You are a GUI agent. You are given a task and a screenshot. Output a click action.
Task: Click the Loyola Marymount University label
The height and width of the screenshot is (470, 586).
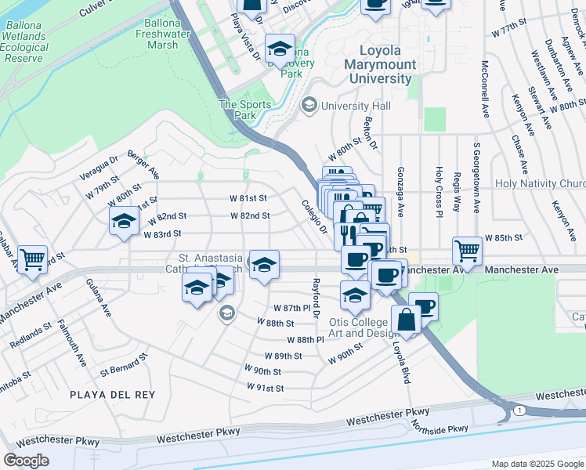[x=379, y=67]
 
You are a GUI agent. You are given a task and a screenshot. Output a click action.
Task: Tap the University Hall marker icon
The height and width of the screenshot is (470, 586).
[x=310, y=105]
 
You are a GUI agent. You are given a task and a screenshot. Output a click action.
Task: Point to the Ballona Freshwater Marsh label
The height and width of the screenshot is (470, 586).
[x=162, y=34]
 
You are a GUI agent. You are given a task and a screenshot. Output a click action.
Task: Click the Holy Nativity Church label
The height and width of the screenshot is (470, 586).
[x=540, y=183]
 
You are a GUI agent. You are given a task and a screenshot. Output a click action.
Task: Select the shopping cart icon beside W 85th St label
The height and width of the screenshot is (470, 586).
[x=467, y=251]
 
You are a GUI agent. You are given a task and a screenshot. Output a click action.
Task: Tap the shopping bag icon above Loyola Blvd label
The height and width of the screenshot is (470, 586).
[x=407, y=320]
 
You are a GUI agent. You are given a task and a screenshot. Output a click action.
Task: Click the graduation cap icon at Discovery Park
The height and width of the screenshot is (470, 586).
[x=280, y=49]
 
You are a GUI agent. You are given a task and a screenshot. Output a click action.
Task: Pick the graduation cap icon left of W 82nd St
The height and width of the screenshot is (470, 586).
[x=124, y=222]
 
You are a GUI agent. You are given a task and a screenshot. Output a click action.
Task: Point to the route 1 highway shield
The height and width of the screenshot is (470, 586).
[x=519, y=410]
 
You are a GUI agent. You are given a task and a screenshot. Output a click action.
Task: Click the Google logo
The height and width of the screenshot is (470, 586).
[x=26, y=460]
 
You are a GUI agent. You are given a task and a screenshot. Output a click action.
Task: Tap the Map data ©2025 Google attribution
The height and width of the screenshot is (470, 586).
[x=537, y=464]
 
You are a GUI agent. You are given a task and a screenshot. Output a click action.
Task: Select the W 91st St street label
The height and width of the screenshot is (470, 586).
[x=265, y=388]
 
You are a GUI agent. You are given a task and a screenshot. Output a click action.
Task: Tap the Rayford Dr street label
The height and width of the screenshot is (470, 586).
[x=317, y=298]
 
